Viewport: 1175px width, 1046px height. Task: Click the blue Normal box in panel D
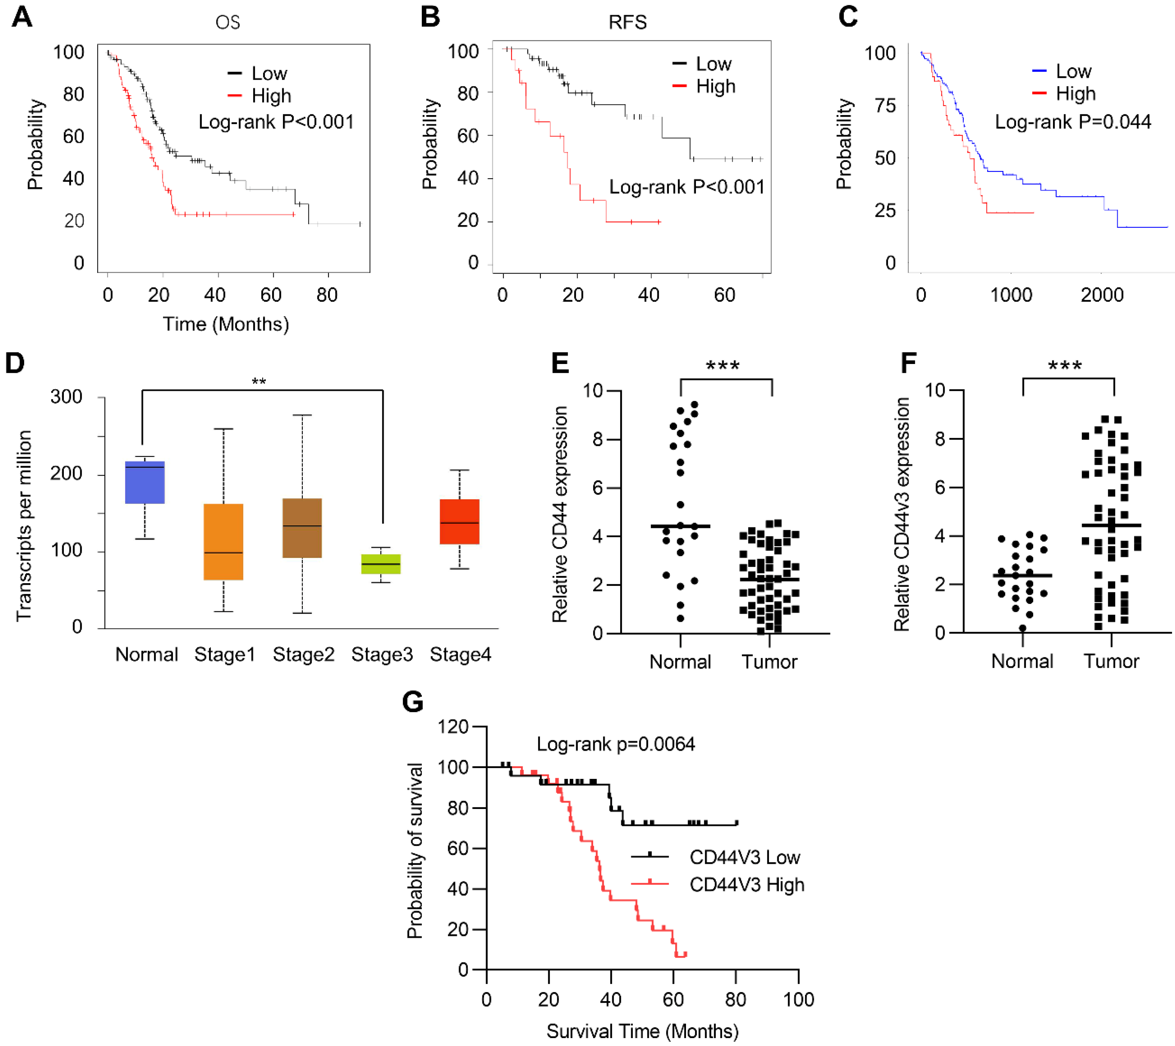tap(145, 483)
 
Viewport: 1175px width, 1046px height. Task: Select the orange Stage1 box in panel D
tap(223, 542)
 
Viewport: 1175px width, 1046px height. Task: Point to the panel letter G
tap(413, 702)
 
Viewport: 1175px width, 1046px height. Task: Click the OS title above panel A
tap(228, 22)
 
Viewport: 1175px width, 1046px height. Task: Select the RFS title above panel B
tap(628, 22)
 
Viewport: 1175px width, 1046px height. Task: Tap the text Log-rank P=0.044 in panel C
tap(1073, 122)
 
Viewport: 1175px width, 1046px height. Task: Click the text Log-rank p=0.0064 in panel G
tap(616, 744)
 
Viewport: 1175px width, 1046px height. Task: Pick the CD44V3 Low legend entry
tap(745, 857)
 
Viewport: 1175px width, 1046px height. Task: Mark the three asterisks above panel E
tap(723, 366)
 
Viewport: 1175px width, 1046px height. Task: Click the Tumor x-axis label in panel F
tap(1111, 661)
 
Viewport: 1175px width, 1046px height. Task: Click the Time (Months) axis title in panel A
tap(226, 324)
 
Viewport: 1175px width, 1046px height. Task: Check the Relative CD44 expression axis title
tap(559, 514)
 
